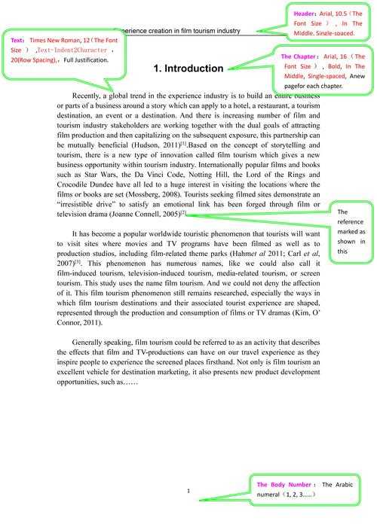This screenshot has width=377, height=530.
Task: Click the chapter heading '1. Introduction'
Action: (x=188, y=69)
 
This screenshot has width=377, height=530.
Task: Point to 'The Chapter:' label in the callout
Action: (x=299, y=57)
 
